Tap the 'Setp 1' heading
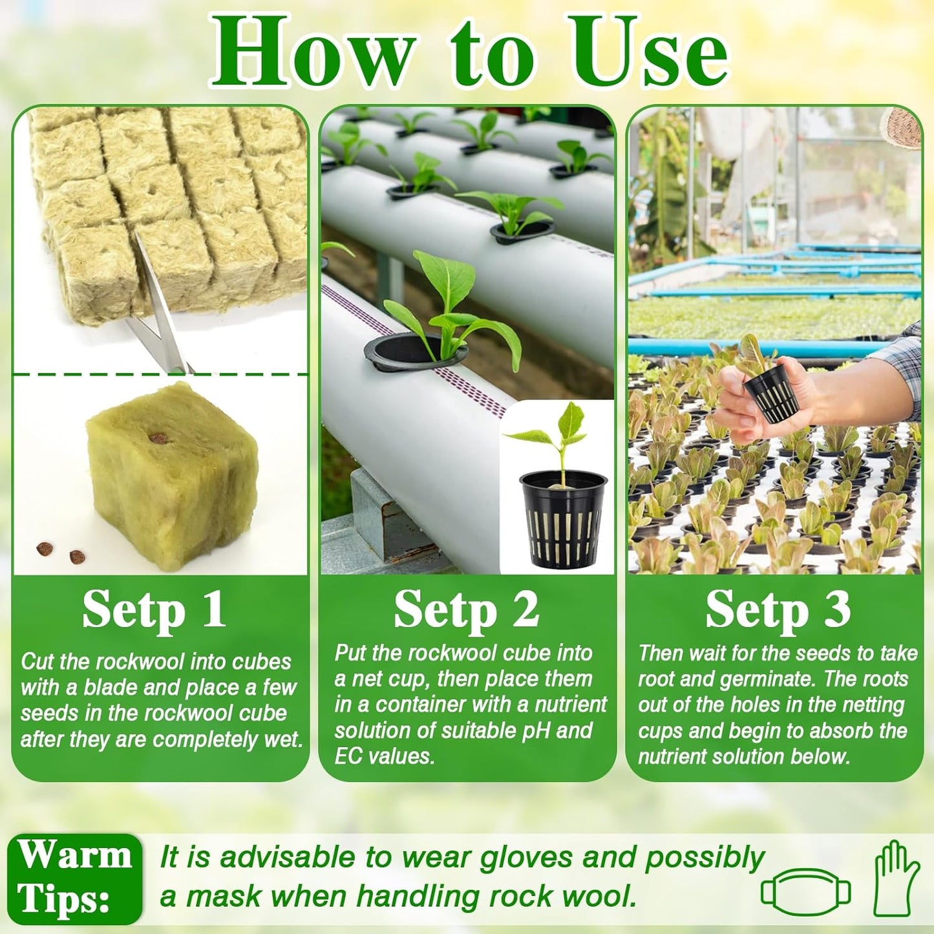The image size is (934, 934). [x=154, y=610]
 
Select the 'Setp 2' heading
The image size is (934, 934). [x=466, y=610]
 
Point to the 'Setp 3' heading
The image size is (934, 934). [x=778, y=610]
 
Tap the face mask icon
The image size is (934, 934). [x=805, y=892]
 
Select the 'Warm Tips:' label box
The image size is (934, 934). [x=75, y=878]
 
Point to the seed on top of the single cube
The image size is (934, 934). [x=158, y=438]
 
